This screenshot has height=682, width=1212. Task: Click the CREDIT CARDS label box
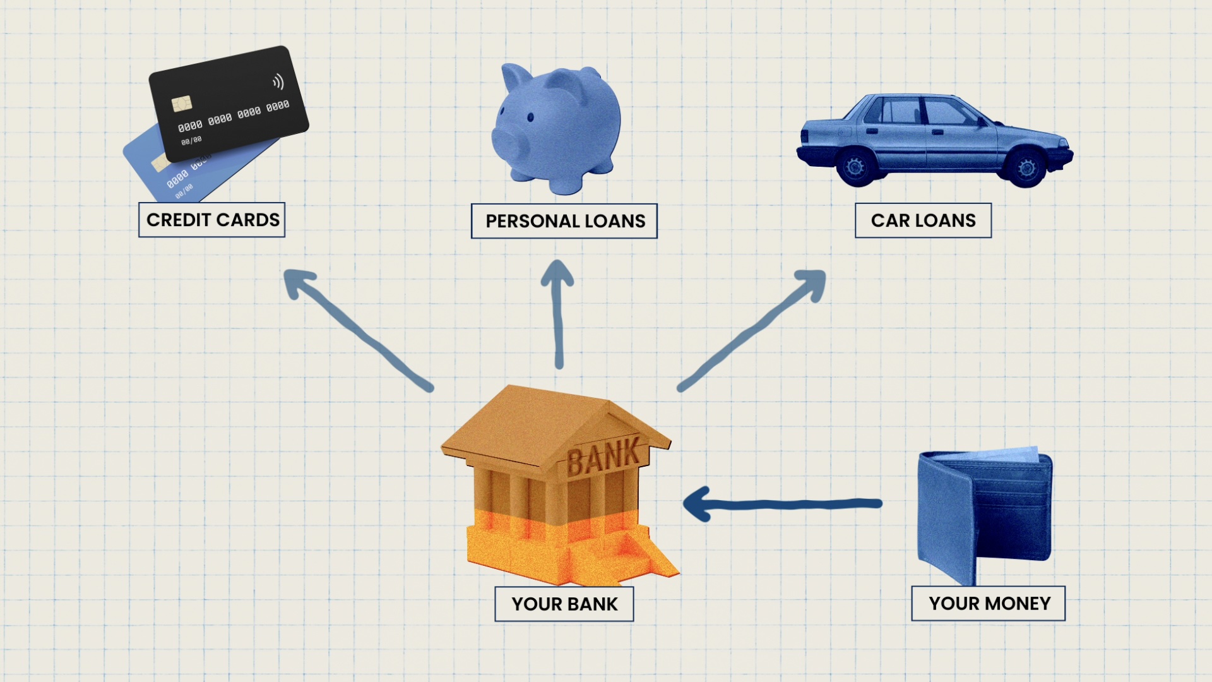coord(211,220)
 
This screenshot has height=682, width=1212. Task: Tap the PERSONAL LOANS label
coord(564,221)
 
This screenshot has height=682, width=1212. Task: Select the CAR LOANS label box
coord(923,220)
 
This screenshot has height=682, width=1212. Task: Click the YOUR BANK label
coord(564,604)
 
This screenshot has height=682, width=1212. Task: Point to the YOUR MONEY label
coord(989,604)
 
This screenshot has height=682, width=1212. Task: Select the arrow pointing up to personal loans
coord(558,314)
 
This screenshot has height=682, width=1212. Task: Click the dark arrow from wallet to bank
coord(783,504)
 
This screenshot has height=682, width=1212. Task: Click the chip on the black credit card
coord(181,103)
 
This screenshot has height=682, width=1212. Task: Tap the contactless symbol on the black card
coord(278,82)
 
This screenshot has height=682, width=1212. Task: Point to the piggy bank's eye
coord(530,117)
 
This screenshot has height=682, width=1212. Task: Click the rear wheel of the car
coord(856,167)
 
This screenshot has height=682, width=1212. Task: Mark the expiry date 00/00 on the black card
coord(191,140)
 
